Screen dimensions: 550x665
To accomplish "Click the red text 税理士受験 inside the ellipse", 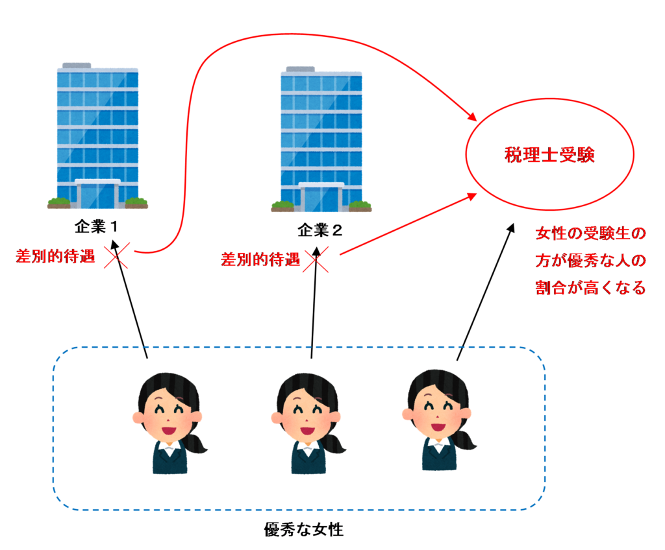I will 549,156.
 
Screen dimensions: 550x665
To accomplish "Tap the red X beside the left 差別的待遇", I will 116,256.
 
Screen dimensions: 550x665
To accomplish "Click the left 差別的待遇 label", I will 56,256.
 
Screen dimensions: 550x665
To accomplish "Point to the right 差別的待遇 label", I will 260,260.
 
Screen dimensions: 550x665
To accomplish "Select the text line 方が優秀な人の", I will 590,261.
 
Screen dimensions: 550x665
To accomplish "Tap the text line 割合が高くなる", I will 590,289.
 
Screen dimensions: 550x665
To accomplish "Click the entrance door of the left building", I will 97,195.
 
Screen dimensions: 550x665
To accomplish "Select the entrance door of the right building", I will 321,198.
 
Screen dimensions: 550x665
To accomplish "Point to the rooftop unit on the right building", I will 300,68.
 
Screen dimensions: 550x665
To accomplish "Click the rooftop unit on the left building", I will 77,65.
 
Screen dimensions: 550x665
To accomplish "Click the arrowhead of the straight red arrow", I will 473,195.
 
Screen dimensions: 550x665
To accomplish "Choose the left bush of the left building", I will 58,202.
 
